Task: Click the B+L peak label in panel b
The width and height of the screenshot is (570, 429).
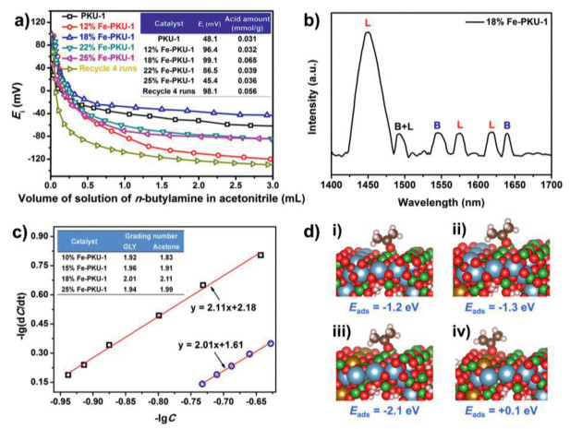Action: tap(403, 126)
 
